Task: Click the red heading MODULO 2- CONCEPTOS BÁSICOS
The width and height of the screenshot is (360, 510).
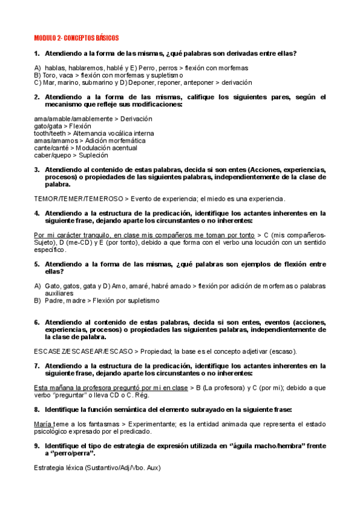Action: point(76,37)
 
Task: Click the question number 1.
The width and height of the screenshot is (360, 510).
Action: point(36,54)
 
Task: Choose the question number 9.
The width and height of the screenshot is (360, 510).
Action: point(36,446)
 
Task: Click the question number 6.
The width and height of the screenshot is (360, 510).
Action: point(36,322)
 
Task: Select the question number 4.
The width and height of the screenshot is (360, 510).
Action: point(36,213)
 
